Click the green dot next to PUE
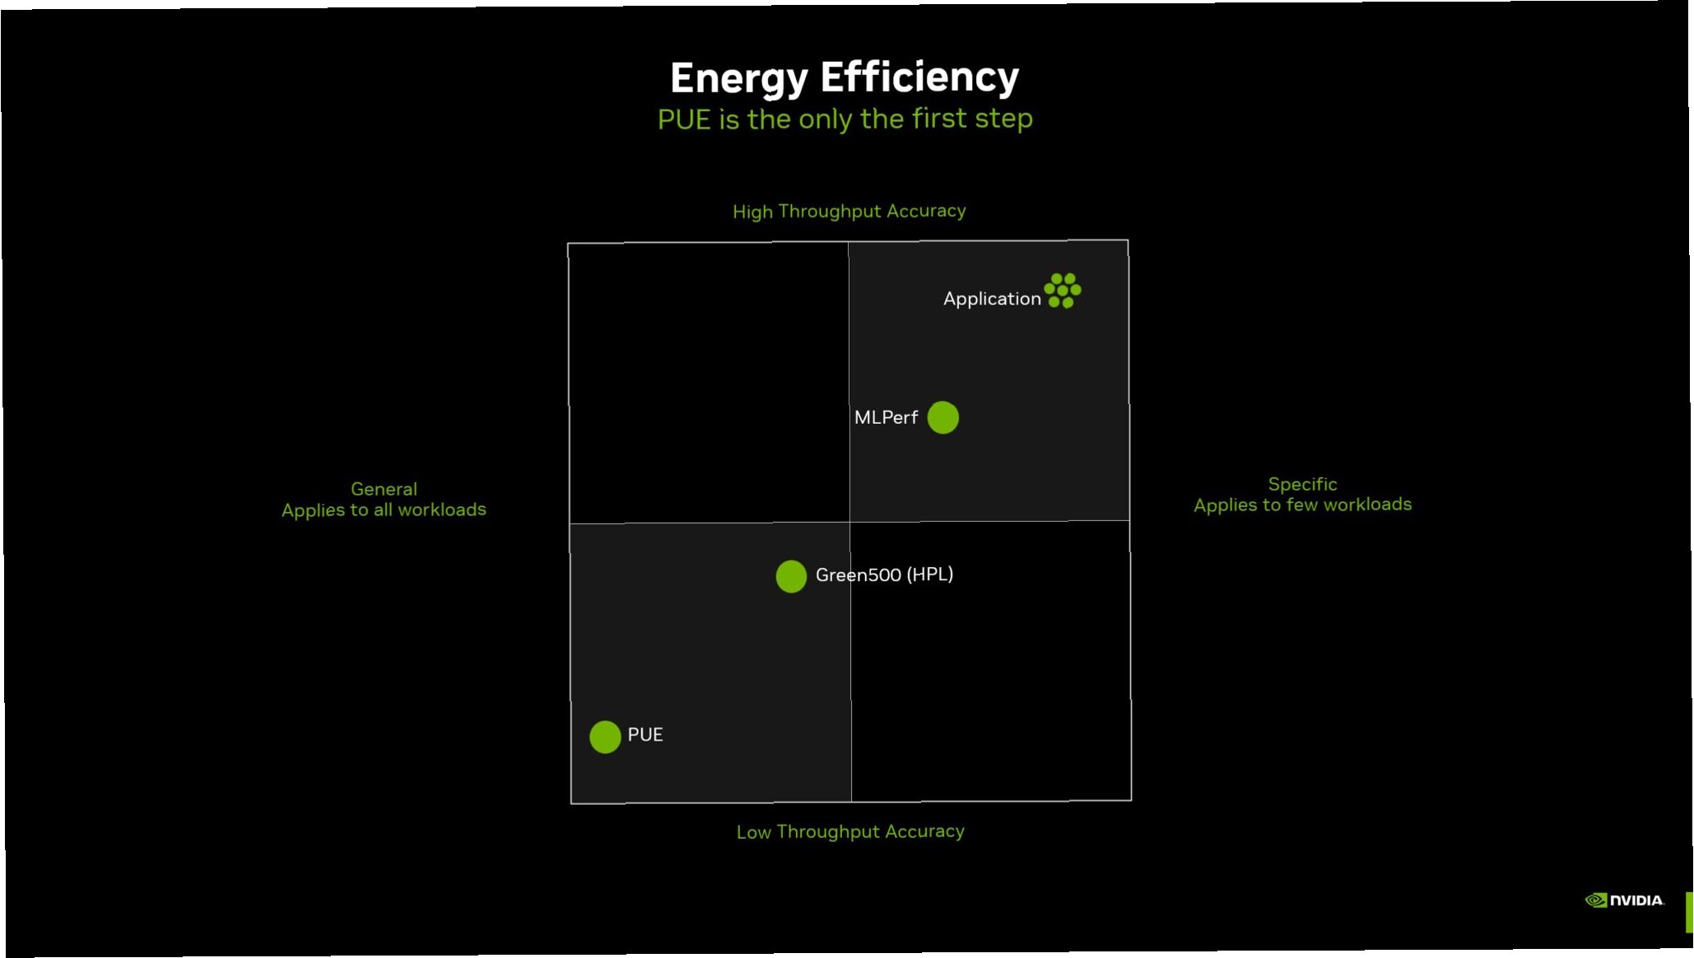point(605,737)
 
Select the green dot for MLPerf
point(942,417)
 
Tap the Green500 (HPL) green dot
point(791,576)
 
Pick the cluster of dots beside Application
point(1062,291)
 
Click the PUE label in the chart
point(645,734)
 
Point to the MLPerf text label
point(886,417)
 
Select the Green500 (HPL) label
point(884,574)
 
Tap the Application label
point(992,299)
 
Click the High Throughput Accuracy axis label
point(849,212)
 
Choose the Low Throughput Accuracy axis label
point(850,832)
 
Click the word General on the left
point(384,489)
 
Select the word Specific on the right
point(1302,484)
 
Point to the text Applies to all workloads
point(384,510)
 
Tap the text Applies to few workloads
point(1302,505)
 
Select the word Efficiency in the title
point(919,77)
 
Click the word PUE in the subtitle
point(683,120)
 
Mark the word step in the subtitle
point(1003,119)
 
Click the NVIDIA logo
point(1624,900)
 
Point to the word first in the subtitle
point(939,119)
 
